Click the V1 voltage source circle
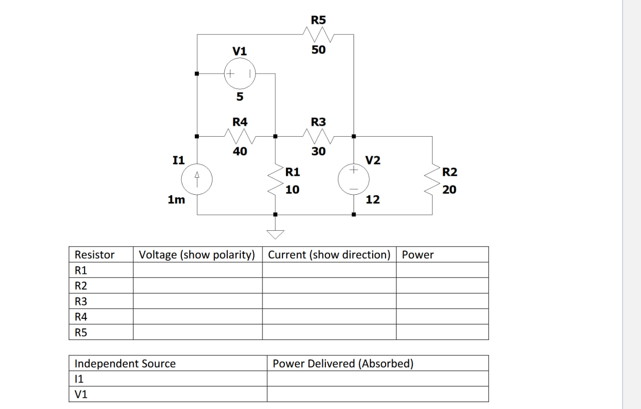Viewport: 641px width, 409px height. [239, 74]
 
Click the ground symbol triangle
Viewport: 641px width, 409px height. [275, 234]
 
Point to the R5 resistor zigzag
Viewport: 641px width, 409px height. [318, 35]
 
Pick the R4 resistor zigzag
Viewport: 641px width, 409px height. [239, 136]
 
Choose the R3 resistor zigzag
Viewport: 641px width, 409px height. [318, 136]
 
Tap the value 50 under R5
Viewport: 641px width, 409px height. [318, 50]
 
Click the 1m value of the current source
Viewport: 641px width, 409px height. [176, 200]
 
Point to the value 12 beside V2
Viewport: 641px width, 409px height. [373, 200]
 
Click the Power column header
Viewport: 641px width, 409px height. [418, 254]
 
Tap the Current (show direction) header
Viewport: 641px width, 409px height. [329, 254]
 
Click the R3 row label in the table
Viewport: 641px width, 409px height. [81, 301]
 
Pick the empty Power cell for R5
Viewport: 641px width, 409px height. [442, 332]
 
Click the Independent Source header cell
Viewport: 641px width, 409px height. [125, 363]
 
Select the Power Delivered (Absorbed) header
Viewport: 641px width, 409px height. [343, 363]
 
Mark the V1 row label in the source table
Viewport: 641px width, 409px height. [81, 394]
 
